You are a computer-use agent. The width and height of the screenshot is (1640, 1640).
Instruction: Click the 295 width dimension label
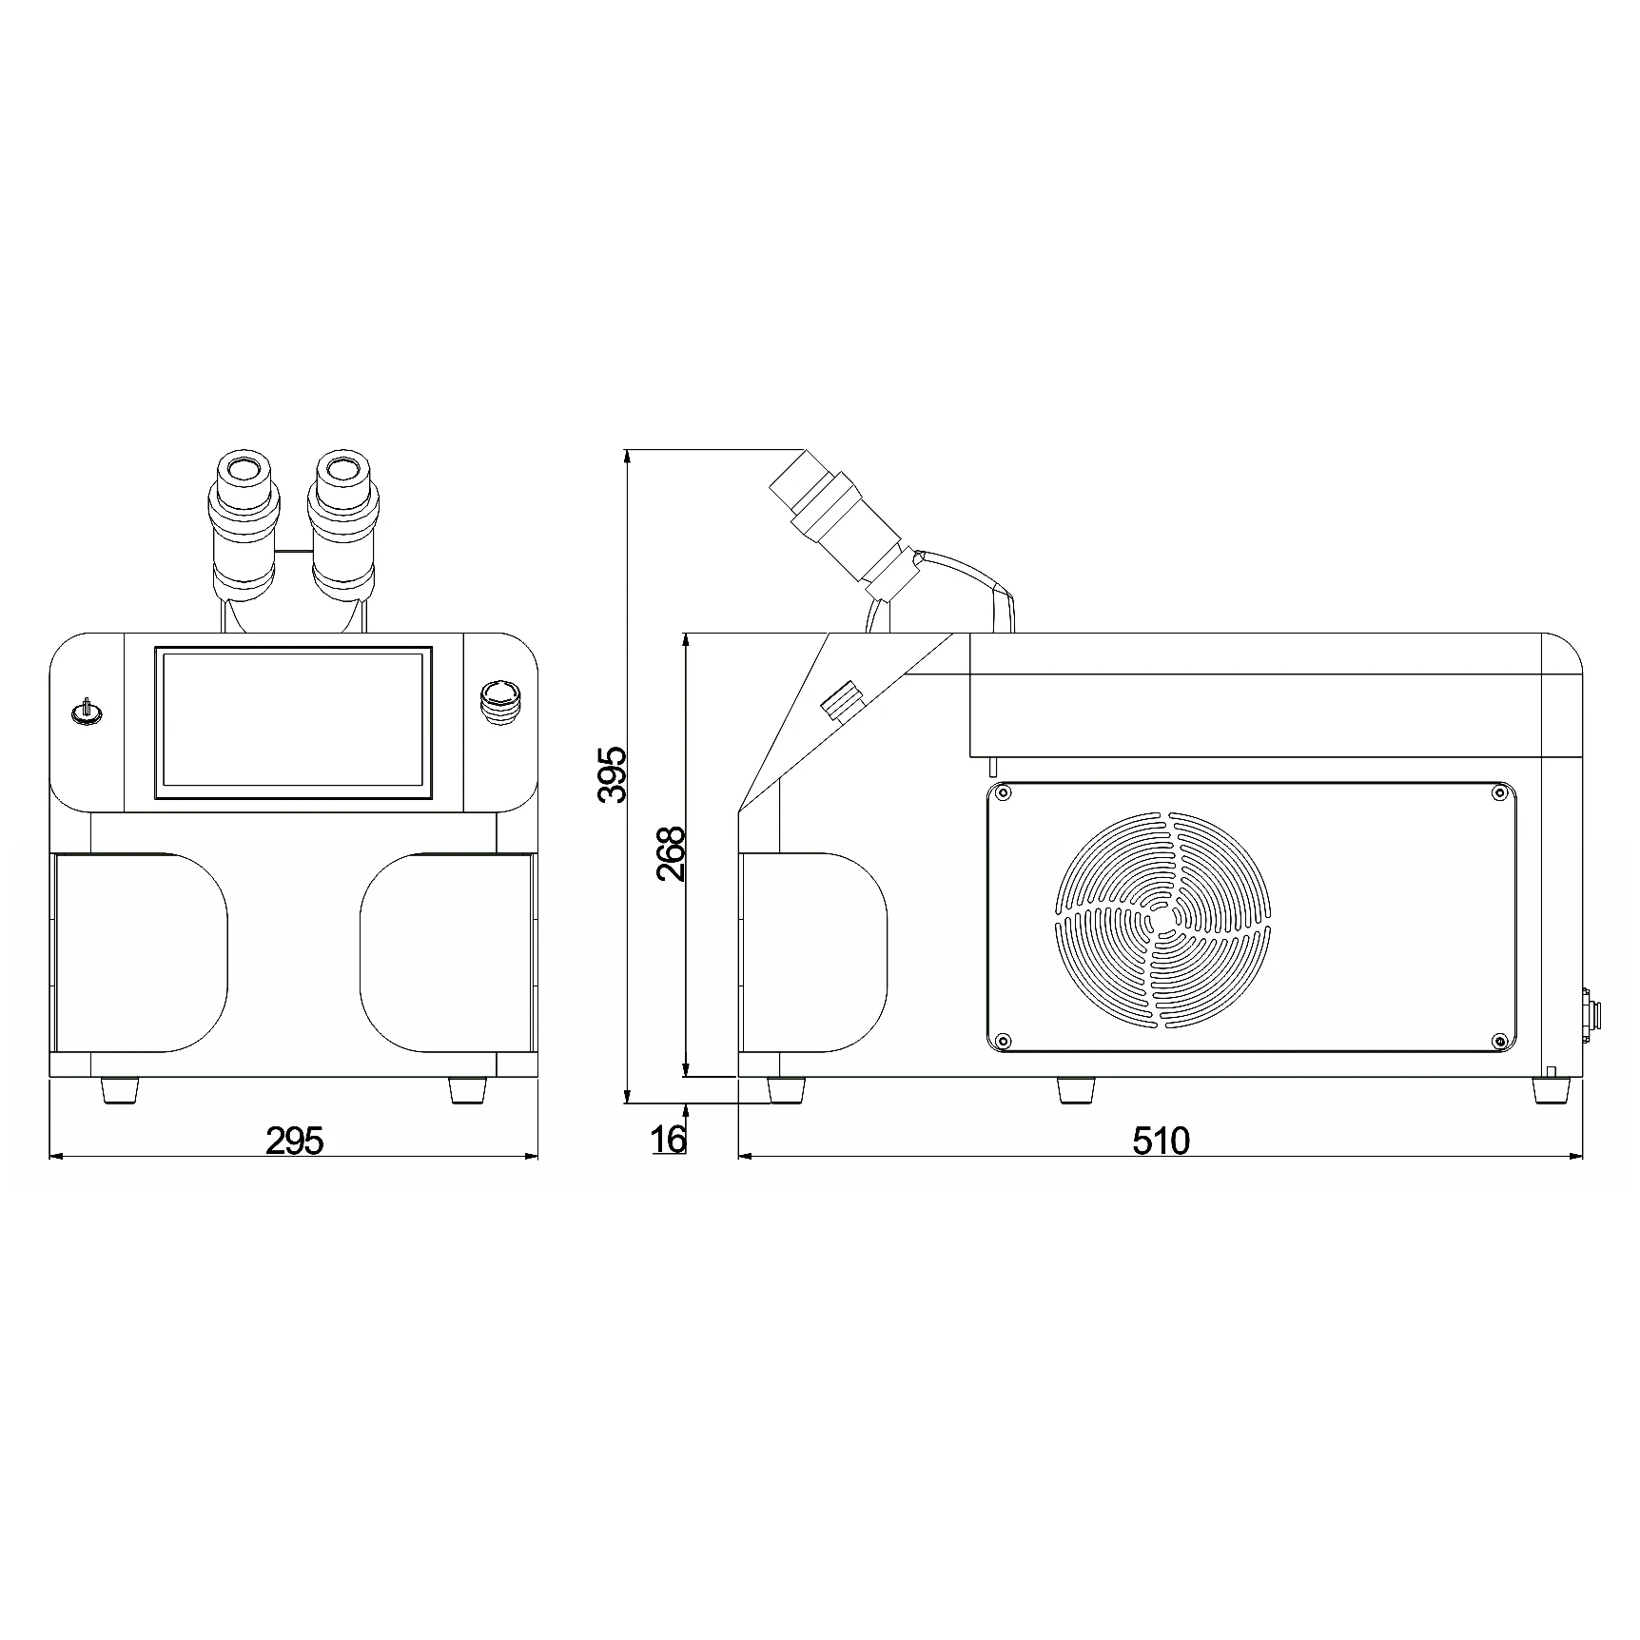coord(294,1140)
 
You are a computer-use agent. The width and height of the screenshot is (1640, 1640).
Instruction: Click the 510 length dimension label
coord(1161,1140)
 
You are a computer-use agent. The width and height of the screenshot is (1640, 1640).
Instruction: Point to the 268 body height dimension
coord(672,853)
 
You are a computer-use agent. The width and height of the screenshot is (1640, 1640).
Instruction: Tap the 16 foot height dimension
coord(670,1138)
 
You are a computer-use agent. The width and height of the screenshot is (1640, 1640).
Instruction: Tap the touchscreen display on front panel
coord(293,722)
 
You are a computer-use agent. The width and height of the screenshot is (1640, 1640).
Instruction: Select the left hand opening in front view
coord(141,951)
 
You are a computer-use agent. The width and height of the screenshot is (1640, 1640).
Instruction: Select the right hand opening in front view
coord(447,951)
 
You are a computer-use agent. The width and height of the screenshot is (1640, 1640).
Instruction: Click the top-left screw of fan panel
coord(1002,791)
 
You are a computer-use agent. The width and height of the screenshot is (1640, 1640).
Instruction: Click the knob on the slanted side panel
coord(839,701)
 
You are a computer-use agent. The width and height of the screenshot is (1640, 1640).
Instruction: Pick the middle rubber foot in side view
coord(1075,1089)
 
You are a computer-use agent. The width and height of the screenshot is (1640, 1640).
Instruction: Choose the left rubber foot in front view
coord(121,1090)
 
